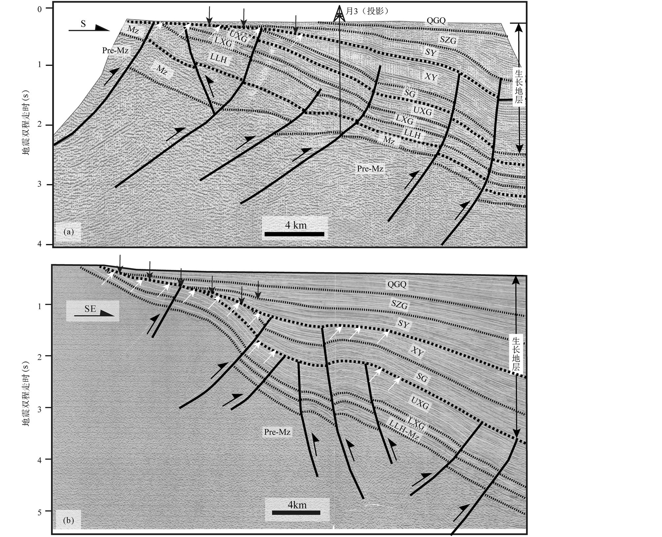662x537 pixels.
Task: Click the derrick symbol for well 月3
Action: (x=340, y=14)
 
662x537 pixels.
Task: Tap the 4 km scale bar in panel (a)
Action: (x=294, y=234)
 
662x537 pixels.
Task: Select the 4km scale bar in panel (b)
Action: (x=296, y=513)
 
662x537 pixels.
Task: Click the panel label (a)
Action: (x=69, y=232)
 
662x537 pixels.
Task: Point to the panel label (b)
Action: (x=68, y=520)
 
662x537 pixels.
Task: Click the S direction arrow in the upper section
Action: (x=89, y=28)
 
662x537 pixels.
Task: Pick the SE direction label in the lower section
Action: (x=90, y=309)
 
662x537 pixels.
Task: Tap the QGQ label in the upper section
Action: (x=436, y=20)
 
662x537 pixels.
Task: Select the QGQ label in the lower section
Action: (x=397, y=284)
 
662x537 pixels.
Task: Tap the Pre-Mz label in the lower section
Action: (x=277, y=432)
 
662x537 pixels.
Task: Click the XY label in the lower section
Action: (x=417, y=352)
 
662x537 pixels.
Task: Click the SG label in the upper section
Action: (x=410, y=93)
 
